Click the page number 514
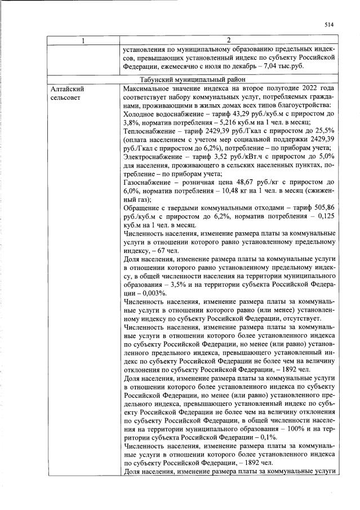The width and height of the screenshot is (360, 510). tap(329, 24)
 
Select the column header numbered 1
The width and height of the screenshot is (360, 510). tap(84, 40)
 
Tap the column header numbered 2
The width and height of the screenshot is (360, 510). tap(229, 40)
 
